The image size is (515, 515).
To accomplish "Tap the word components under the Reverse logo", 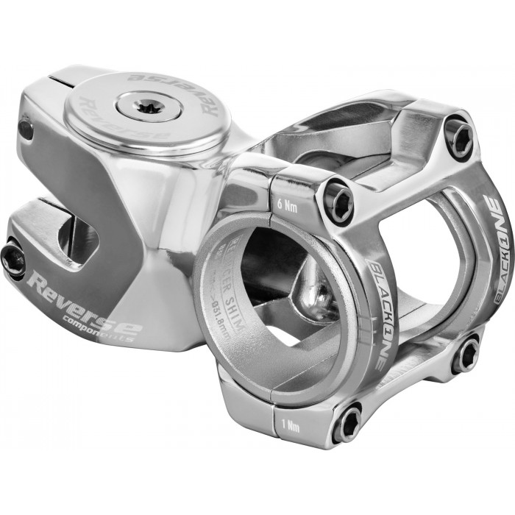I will click(107, 330).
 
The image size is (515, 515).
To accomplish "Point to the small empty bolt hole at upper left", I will click(26, 130).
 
